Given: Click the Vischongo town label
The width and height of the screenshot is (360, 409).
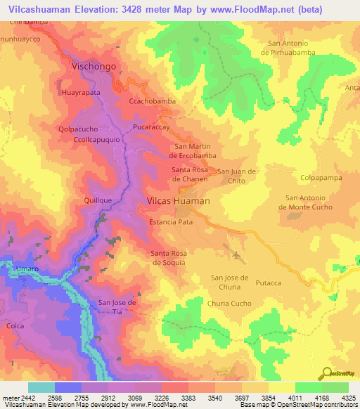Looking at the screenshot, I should click(94, 67).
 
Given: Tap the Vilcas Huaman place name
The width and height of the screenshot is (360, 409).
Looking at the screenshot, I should click(178, 201).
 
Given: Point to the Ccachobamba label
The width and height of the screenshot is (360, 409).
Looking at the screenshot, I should click(153, 101).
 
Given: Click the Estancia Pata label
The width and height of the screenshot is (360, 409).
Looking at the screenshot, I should click(171, 221).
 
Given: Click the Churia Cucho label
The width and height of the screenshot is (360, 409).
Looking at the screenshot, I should click(229, 303).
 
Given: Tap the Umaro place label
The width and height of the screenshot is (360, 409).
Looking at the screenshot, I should click(27, 269).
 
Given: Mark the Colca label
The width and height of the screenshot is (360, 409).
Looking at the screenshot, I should click(15, 325).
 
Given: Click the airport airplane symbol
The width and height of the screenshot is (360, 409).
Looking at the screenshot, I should click(236, 254).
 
